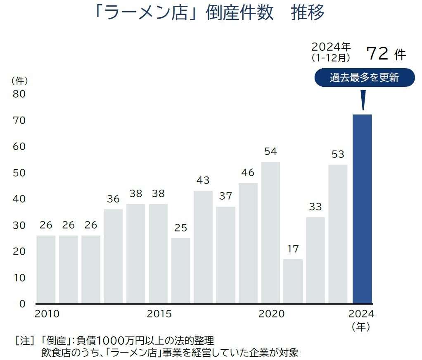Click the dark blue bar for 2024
point(362,209)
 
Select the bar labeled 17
point(293,281)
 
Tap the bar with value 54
point(270,232)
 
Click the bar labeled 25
point(181,271)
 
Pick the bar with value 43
point(203,247)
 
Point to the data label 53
point(338,154)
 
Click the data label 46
point(248,172)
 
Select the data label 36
point(113,199)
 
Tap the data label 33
point(315,207)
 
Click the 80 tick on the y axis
point(19,94)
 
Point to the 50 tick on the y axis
point(19,173)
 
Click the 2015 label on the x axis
point(159,314)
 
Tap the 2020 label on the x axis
point(271,314)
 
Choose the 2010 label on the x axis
point(47,314)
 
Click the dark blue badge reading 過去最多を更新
point(364,78)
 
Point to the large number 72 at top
point(376,54)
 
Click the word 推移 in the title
point(308,13)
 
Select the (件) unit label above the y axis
point(19,80)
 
